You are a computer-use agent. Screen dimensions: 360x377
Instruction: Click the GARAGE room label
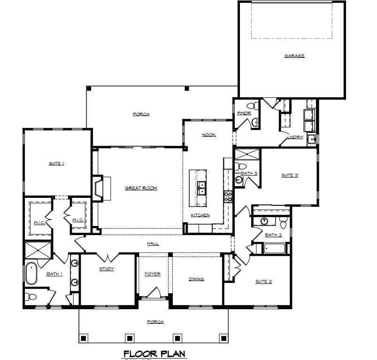[x=294, y=56]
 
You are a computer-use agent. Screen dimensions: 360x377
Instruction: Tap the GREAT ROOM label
[x=141, y=188]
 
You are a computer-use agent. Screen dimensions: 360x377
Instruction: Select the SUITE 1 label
[x=56, y=164]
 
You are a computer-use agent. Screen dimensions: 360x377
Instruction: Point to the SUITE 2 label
[x=263, y=282]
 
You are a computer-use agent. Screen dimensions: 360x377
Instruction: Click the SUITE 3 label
[x=290, y=175]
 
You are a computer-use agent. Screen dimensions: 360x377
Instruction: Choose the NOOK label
[x=209, y=135]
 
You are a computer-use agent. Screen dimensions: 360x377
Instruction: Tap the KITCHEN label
[x=200, y=215]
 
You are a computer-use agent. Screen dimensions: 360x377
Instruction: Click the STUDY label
[x=107, y=269]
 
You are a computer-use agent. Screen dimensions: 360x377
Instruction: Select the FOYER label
[x=152, y=274]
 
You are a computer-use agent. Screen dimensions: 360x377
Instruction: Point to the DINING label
[x=196, y=279]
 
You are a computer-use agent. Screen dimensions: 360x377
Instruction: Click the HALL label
[x=153, y=243]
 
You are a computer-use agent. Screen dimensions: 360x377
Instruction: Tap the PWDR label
[x=244, y=113]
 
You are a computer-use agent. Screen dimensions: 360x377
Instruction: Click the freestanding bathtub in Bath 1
[x=31, y=274]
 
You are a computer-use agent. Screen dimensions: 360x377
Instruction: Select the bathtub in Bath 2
[x=275, y=248]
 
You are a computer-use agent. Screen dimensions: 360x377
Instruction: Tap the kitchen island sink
[x=202, y=188]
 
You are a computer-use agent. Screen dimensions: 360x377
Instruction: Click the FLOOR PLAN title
[x=155, y=353]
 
